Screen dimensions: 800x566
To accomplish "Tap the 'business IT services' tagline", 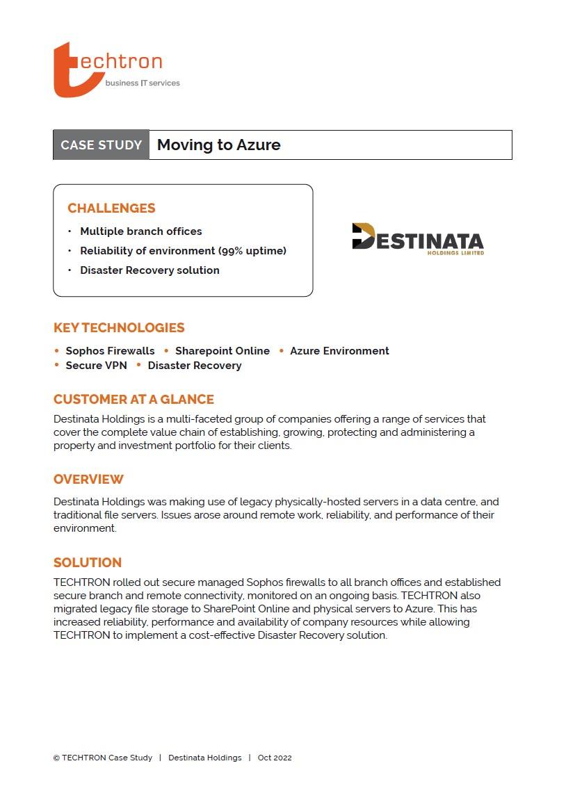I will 142,83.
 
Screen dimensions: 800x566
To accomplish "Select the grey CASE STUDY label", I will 102,145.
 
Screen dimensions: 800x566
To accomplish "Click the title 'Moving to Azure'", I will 218,145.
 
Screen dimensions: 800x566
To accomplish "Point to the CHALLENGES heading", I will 111,208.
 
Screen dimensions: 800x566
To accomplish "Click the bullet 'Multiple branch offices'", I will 140,231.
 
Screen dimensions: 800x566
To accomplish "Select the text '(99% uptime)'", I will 252,251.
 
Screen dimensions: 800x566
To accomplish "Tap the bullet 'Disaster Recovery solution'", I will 149,270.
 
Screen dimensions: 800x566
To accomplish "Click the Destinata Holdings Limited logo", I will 417,240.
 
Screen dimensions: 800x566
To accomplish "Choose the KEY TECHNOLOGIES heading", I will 119,327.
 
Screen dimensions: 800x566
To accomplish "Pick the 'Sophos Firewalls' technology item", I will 110,351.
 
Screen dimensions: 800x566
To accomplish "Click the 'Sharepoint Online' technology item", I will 222,351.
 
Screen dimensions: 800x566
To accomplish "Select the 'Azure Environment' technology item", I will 339,351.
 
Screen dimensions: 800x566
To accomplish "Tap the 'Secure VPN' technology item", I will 96,366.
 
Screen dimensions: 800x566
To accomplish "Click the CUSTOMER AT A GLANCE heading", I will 134,400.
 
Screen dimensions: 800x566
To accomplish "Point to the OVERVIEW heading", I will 88,480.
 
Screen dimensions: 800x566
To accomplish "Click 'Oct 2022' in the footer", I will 275,758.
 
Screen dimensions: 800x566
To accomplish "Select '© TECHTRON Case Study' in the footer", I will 103,758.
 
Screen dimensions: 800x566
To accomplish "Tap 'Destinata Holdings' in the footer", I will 204,758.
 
